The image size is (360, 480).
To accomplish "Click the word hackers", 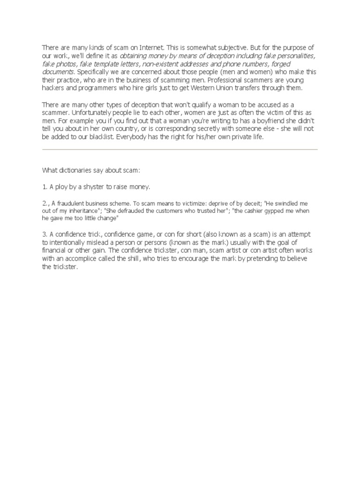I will tap(53, 88).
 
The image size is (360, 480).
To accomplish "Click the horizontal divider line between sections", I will tap(180, 150).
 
